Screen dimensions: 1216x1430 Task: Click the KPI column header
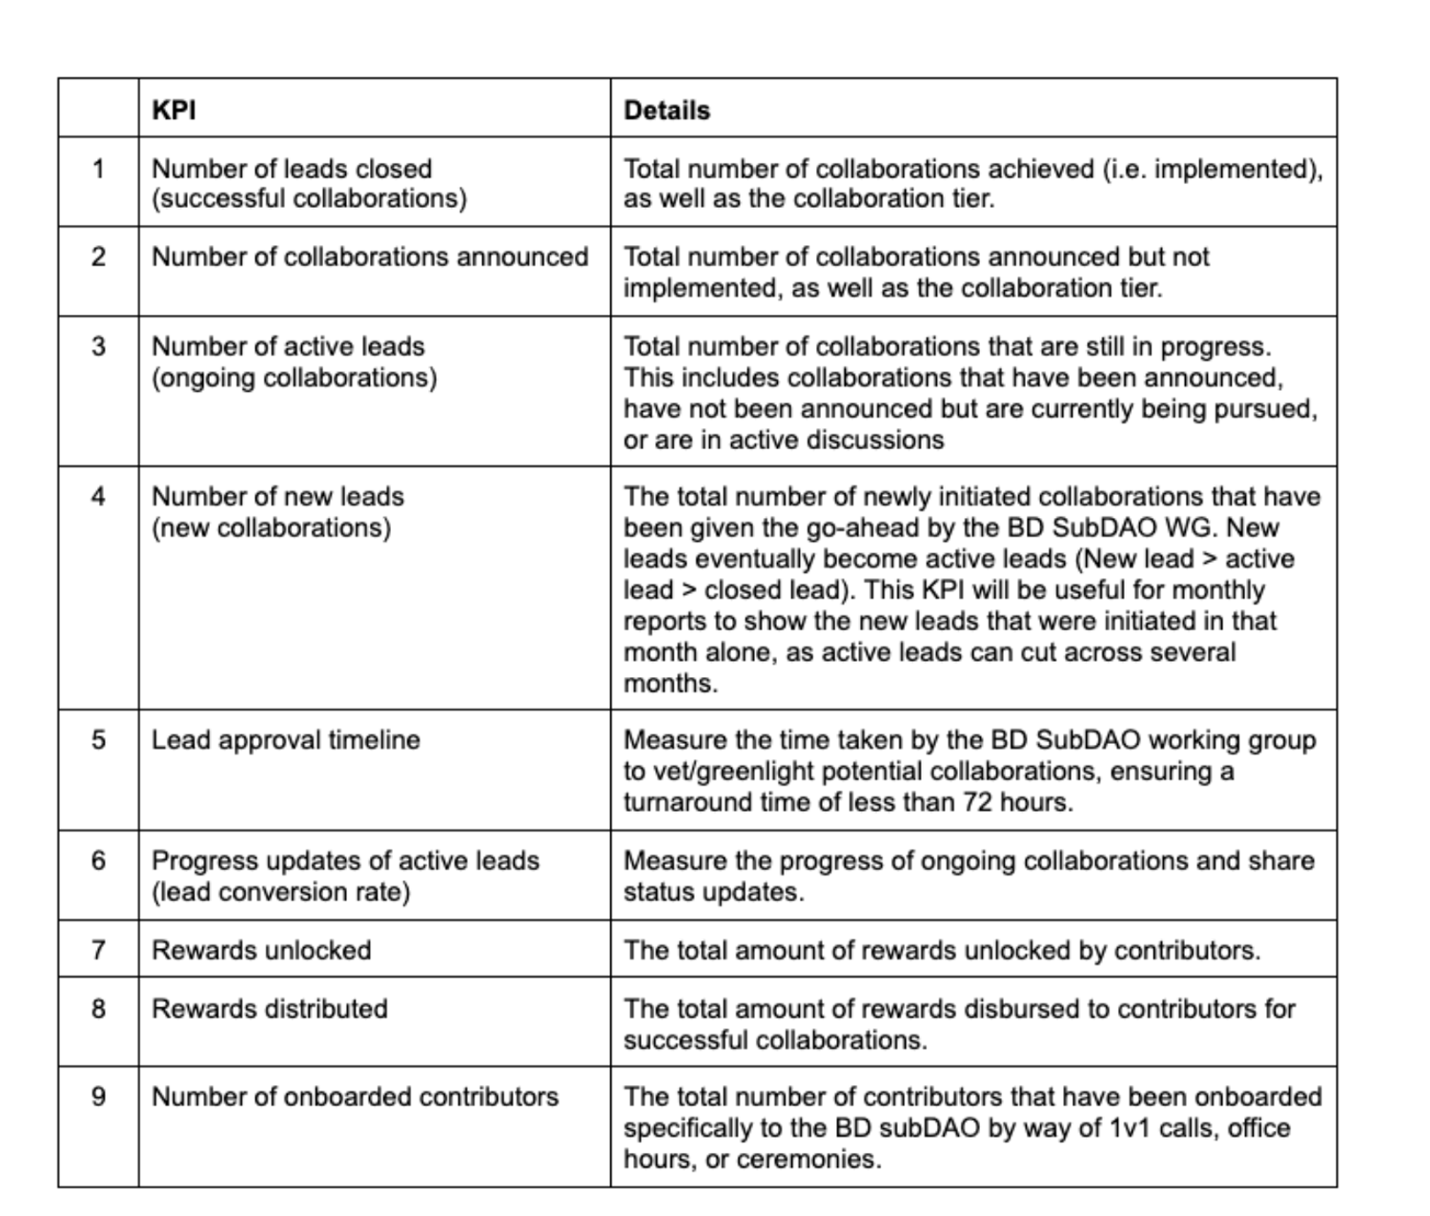174,110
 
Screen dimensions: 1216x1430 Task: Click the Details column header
666,111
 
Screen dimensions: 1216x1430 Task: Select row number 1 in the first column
98,169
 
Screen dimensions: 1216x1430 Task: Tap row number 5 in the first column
98,740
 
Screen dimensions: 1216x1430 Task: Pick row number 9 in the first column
98,1097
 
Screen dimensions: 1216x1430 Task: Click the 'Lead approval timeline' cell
285,740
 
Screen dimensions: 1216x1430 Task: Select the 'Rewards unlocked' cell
261,950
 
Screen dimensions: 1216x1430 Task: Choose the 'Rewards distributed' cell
269,1008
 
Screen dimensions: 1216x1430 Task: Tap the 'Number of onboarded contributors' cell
355,1097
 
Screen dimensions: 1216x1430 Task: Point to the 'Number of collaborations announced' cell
370,257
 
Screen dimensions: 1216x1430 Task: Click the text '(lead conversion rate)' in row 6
280,892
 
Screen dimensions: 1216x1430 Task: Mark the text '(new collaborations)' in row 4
271,527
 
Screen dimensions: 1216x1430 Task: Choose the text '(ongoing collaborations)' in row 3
294,378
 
